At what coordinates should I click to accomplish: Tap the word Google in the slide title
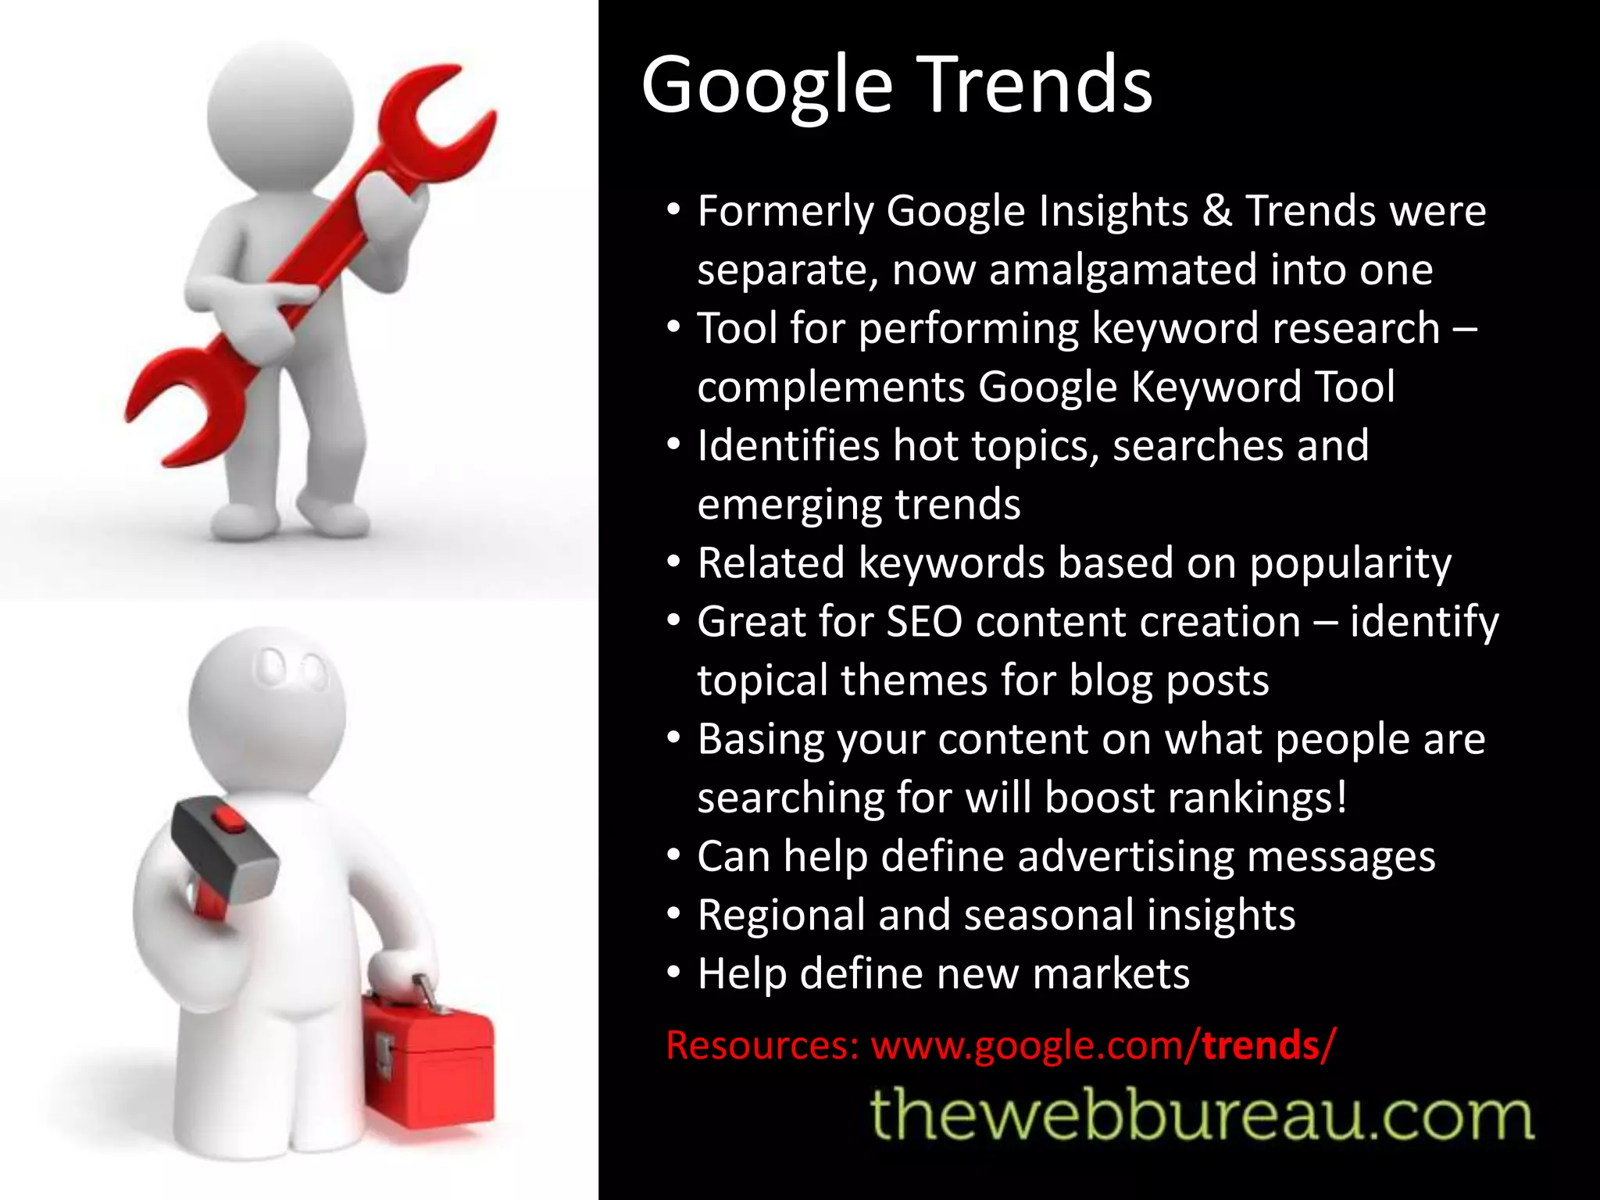pyautogui.click(x=766, y=86)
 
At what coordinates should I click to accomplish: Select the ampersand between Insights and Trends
pyautogui.click(x=1217, y=211)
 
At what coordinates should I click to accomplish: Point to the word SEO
pyautogui.click(x=924, y=623)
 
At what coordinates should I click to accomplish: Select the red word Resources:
pyautogui.click(x=762, y=1045)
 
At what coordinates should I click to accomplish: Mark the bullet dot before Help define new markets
pyautogui.click(x=674, y=973)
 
